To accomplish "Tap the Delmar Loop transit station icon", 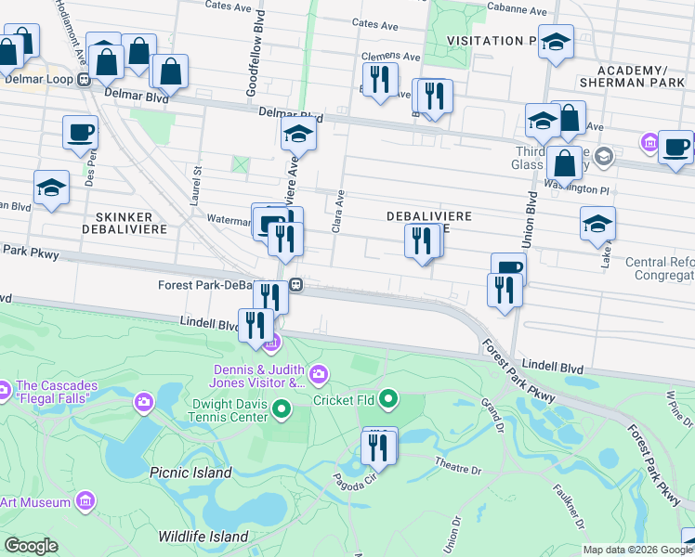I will (x=84, y=79).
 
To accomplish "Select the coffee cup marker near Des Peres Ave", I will (x=80, y=132).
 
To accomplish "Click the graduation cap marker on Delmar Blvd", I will (x=298, y=136).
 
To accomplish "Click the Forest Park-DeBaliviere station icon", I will (x=295, y=284).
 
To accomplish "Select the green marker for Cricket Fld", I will (x=388, y=400).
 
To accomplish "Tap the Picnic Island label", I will (x=190, y=473).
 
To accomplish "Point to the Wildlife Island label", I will (x=203, y=537).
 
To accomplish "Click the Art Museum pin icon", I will (x=85, y=502).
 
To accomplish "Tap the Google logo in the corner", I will (x=31, y=546).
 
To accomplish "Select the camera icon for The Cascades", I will (x=144, y=402).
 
